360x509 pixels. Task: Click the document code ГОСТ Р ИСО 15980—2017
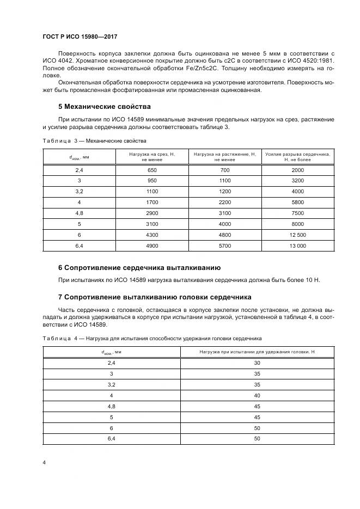[80, 37]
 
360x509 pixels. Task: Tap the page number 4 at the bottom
[44, 462]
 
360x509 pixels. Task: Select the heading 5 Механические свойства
[104, 106]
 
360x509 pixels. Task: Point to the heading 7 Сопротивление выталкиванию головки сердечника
[154, 297]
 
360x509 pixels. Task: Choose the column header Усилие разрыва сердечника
[297, 155]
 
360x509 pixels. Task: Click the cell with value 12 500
[297, 235]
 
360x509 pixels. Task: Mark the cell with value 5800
[297, 203]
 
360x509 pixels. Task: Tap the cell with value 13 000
[297, 246]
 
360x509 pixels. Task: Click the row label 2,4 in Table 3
[80, 170]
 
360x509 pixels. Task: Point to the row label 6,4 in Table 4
[112, 438]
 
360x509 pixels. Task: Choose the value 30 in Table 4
[258, 363]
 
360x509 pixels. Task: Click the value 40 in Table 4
[258, 395]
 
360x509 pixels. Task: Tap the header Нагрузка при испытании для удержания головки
[258, 352]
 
